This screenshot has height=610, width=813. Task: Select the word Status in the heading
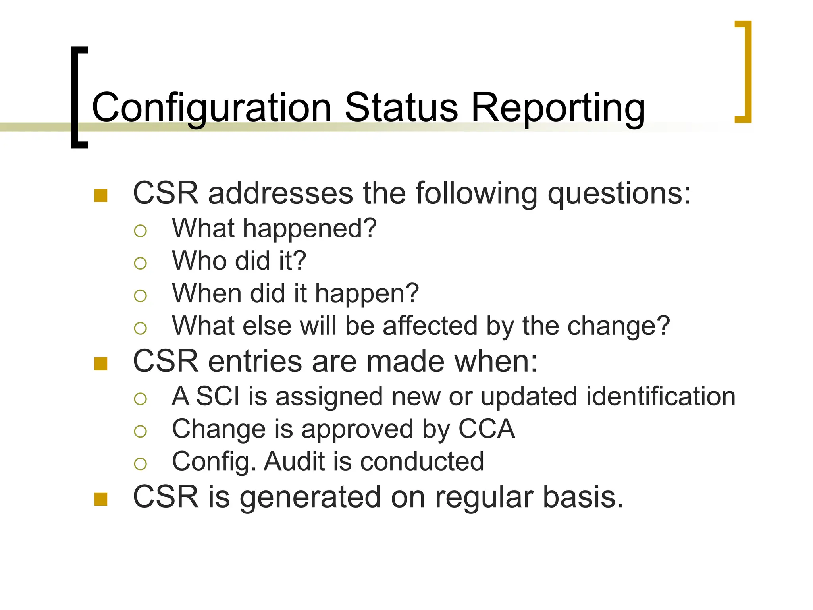[401, 107]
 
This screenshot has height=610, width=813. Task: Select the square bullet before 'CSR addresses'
[101, 195]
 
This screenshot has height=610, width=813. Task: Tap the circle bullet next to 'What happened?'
[141, 231]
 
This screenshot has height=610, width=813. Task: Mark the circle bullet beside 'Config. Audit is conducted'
[141, 463]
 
